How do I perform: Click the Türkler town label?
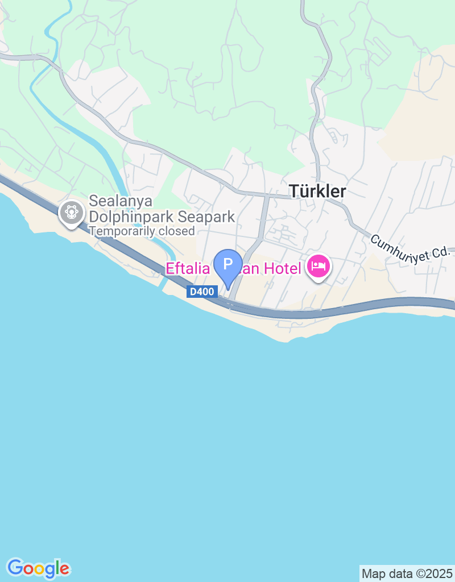tap(317, 192)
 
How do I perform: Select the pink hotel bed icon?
tap(318, 265)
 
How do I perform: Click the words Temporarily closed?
tap(142, 231)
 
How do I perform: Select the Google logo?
tap(39, 568)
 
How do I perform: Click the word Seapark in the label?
tap(206, 217)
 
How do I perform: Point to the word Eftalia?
tap(188, 268)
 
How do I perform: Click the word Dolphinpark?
tap(131, 217)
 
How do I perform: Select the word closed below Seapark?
tap(178, 231)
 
